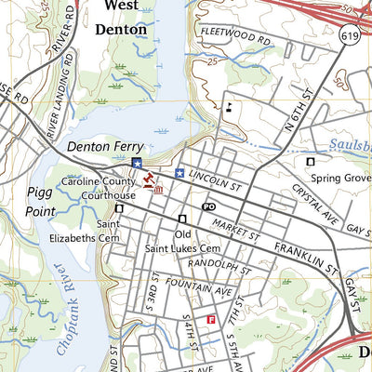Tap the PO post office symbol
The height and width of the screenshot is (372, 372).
tap(209, 206)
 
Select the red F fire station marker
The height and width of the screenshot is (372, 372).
tap(211, 320)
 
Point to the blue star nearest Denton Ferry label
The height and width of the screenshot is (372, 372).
tap(137, 164)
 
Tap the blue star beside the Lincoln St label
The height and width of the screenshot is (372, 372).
tap(179, 172)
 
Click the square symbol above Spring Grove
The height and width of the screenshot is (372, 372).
tap(310, 162)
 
